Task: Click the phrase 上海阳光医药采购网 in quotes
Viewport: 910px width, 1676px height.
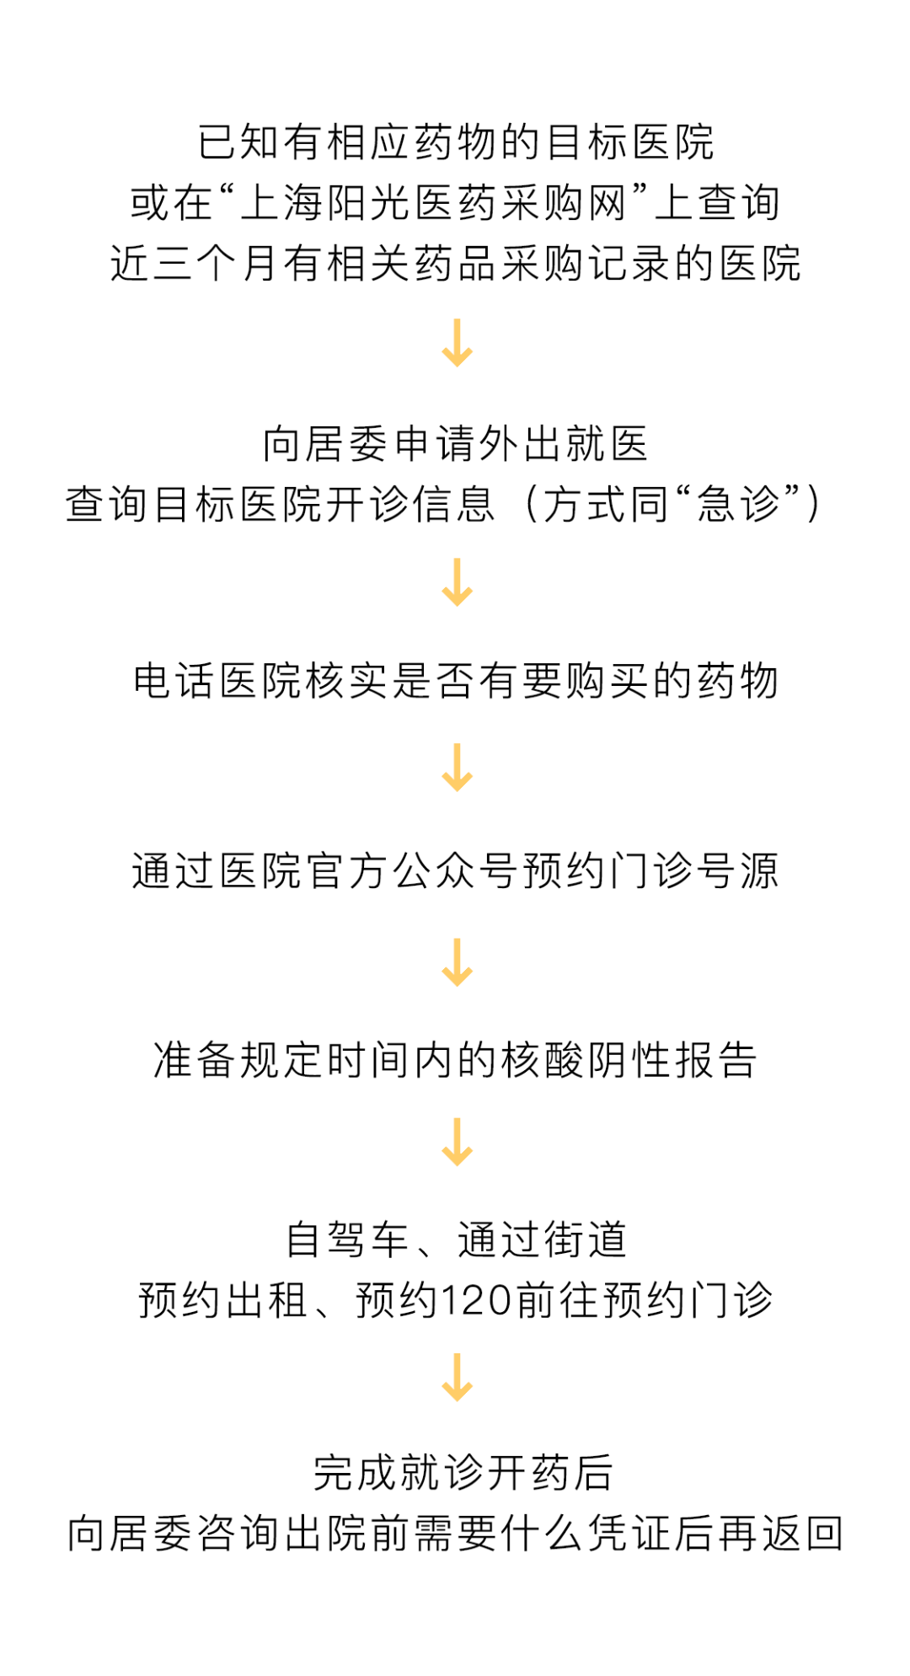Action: pos(434,203)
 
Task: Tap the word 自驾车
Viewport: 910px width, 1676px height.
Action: pos(347,1240)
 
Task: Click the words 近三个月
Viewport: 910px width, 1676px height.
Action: pos(195,264)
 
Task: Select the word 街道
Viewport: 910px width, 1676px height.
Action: pos(586,1240)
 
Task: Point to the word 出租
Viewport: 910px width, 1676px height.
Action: pos(266,1300)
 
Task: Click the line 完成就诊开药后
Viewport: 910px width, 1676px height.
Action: pos(463,1472)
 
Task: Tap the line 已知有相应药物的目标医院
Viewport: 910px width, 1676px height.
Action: pos(456,142)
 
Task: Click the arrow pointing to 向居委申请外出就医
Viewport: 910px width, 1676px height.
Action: pos(457,343)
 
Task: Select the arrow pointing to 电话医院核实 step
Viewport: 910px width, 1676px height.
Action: pos(457,581)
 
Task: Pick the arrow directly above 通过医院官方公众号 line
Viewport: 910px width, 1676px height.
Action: pos(457,767)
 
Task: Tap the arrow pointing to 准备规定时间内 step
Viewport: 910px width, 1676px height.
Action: pos(457,961)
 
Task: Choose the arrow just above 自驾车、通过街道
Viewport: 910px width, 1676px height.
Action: pos(457,1142)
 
